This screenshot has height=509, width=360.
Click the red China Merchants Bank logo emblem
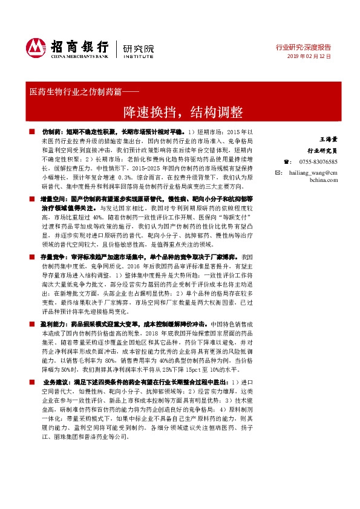(36, 47)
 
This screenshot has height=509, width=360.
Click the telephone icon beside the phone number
(278, 161)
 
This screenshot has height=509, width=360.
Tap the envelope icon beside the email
(278, 172)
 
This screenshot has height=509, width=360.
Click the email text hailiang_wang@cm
(315, 172)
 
